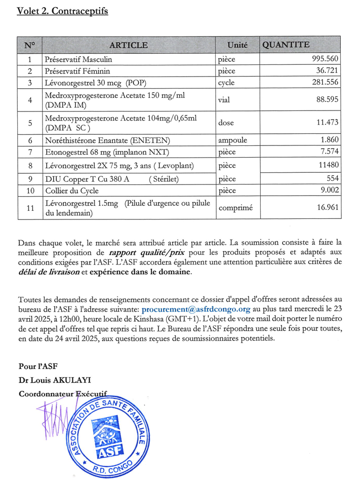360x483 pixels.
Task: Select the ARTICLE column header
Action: coord(129,45)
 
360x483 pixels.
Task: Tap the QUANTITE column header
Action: coord(286,45)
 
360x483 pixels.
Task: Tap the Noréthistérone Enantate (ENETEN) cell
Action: coord(107,140)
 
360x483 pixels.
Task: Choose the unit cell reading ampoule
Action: coord(232,140)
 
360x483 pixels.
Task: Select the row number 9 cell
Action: coord(30,178)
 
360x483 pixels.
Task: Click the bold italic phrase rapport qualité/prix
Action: coord(140,252)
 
